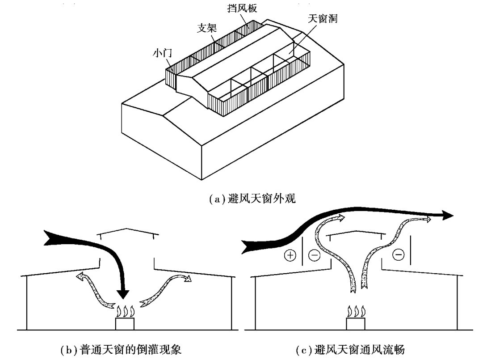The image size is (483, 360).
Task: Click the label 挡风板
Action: (242, 8)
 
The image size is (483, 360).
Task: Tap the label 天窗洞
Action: (322, 19)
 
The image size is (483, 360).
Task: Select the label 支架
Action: (206, 28)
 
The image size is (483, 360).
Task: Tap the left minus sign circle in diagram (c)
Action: (315, 256)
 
